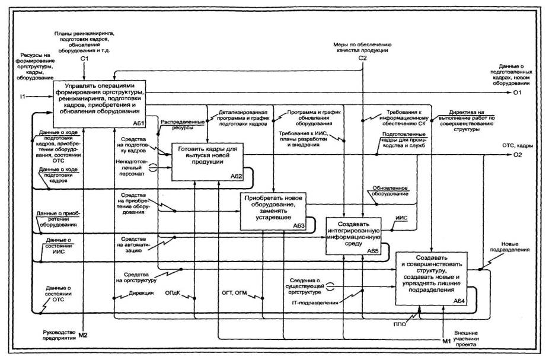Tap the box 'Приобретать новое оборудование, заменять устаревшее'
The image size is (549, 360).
coord(273,211)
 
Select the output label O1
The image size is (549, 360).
coord(518,93)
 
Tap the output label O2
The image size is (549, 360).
coord(518,156)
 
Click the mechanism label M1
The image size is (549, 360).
coord(446,341)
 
